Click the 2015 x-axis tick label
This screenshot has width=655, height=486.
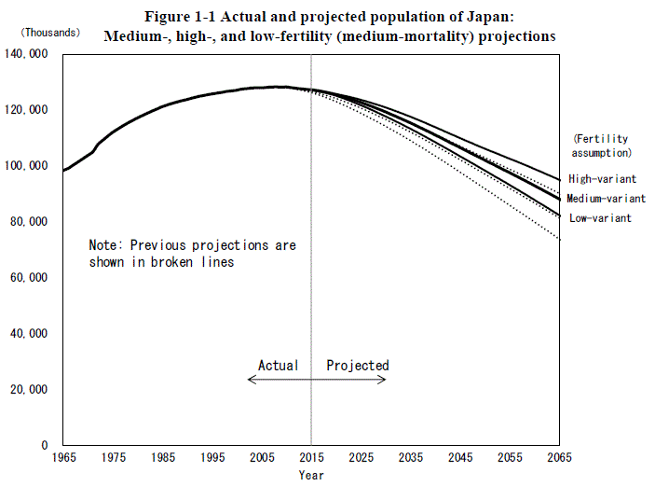[311, 458]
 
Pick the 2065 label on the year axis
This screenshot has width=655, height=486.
[559, 458]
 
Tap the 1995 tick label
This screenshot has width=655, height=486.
[212, 458]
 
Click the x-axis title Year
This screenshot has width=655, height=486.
[311, 475]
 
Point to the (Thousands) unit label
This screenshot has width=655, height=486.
[46, 32]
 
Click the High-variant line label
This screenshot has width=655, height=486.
[602, 178]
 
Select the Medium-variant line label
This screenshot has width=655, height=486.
[606, 199]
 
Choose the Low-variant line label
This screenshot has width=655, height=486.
[600, 218]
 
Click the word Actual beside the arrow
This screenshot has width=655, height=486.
[279, 366]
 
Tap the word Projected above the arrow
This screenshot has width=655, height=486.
[358, 366]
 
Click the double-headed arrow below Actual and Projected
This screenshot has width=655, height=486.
[317, 380]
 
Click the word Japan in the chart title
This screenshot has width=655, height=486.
[504, 18]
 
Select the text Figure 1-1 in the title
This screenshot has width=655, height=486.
[178, 18]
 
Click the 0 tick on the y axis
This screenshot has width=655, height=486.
[46, 445]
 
